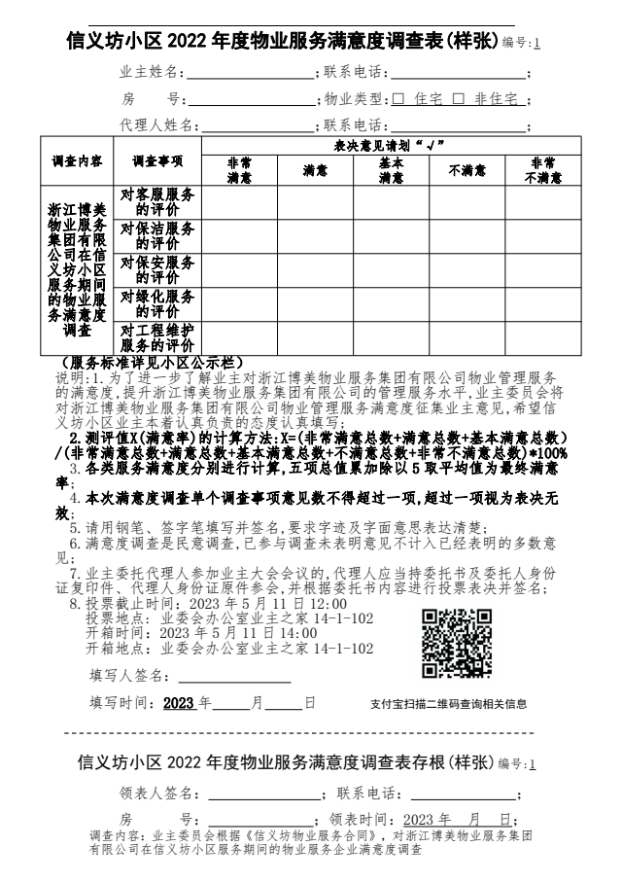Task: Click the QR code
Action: pos(457,643)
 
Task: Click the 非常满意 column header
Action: pos(238,170)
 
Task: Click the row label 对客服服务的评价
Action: pos(156,201)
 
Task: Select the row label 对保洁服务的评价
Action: pos(156,235)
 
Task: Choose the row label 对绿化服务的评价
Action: pos(156,303)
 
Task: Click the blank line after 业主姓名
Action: pos(250,74)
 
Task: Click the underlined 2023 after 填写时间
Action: pos(179,703)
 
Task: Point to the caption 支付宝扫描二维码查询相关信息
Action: pos(448,704)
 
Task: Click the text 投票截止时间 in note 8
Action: pos(127,603)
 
